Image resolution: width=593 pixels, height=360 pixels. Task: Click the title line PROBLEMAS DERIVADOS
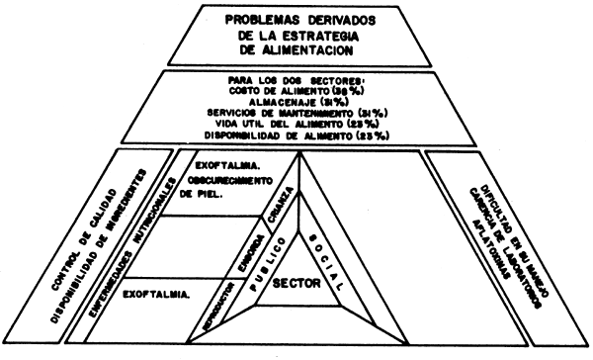pos(297,19)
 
